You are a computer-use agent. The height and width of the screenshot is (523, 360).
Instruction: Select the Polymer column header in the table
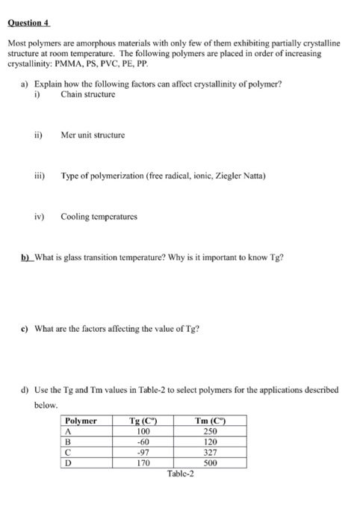pos(81,421)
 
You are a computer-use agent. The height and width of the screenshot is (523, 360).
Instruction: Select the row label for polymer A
pos(69,432)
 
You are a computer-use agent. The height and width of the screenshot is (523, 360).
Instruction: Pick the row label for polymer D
pos(69,463)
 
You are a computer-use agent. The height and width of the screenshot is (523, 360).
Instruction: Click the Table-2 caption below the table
pos(180,474)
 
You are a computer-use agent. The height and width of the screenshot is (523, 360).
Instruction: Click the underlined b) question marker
pos(25,258)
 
